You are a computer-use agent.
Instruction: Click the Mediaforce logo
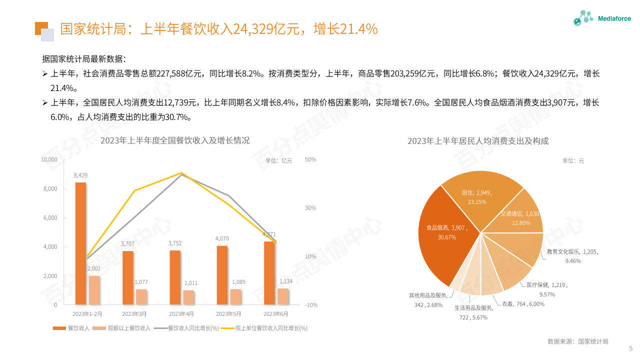(602, 18)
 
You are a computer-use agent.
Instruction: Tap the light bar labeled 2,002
(94, 290)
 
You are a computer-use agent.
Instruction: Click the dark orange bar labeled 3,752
(175, 277)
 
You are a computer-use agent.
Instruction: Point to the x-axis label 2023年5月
(228, 314)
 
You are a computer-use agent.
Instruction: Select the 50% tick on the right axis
(310, 159)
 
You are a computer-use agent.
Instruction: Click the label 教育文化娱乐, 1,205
(572, 252)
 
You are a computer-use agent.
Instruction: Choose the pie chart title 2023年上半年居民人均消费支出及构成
(477, 141)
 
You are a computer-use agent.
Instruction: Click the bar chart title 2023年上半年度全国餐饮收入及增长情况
(175, 141)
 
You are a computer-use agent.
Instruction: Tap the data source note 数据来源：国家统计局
(577, 341)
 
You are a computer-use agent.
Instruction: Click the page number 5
(630, 348)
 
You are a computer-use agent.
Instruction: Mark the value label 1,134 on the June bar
(286, 281)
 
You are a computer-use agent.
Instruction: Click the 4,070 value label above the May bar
(222, 238)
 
